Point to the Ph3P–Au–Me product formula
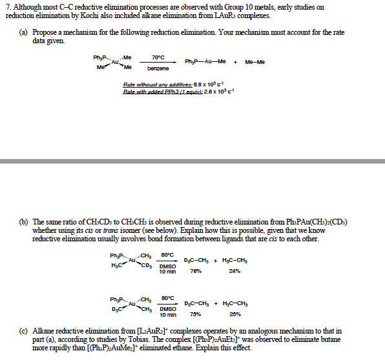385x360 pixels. [205, 62]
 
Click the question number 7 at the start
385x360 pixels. [6, 6]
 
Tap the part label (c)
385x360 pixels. [23, 331]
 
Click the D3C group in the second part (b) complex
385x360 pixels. [117, 308]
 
